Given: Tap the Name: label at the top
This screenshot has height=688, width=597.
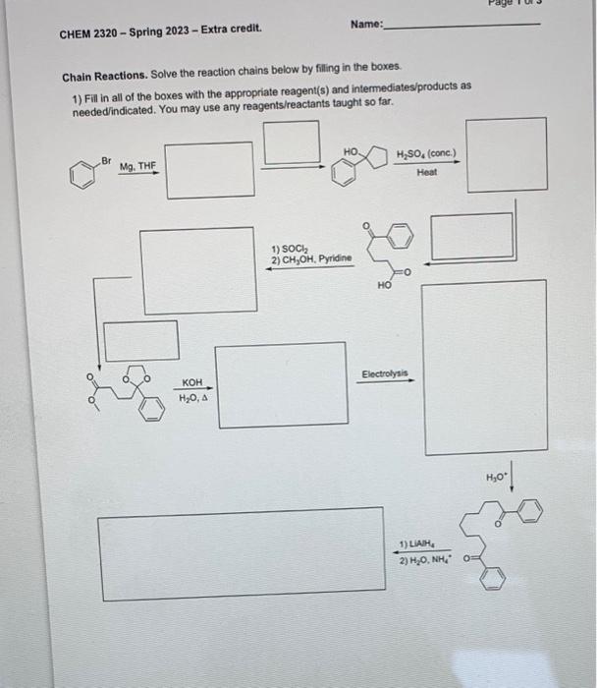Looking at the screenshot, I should pos(366,26).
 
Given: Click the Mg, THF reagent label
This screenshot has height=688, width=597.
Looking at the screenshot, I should pos(137,167).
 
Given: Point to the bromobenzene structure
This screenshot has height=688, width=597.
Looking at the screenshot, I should pos(83,173).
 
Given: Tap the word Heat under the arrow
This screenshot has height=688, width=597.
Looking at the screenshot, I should pos(426,172).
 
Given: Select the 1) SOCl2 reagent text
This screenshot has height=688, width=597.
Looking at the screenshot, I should pos(289,247).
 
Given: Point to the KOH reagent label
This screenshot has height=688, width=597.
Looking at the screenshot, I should pos(192,382).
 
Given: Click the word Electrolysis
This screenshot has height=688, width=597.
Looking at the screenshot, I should pos(387,374).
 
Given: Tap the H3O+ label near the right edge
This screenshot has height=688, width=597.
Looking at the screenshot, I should pos(497,478).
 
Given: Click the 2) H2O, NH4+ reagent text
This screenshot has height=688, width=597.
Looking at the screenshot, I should pos(423,560).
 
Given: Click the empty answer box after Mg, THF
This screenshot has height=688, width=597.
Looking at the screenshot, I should pos(209,168).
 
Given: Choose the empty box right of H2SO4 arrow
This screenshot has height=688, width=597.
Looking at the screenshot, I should pos(506,154).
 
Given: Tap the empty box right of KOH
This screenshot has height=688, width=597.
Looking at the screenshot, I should pos(282,384).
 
